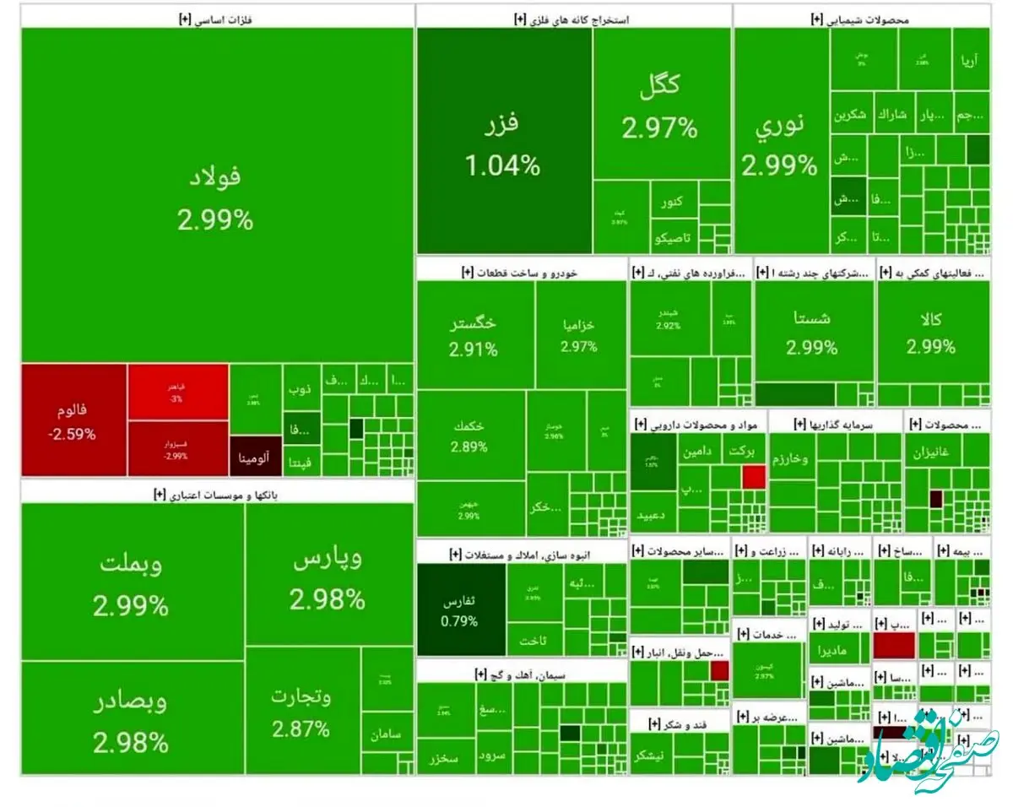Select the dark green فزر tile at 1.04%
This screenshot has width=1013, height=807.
(503, 142)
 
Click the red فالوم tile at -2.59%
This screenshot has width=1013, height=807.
(73, 420)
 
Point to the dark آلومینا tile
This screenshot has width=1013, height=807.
(254, 461)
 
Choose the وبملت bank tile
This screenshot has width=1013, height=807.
(132, 582)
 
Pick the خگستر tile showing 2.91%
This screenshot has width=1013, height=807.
(474, 335)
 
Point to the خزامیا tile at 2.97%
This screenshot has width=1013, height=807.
(579, 335)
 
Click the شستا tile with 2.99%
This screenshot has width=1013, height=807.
(812, 331)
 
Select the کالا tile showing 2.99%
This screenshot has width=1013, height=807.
(931, 331)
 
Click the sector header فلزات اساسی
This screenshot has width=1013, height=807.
(216, 20)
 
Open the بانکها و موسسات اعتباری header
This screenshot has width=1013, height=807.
(216, 495)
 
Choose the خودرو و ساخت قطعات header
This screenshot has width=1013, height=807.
(521, 272)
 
